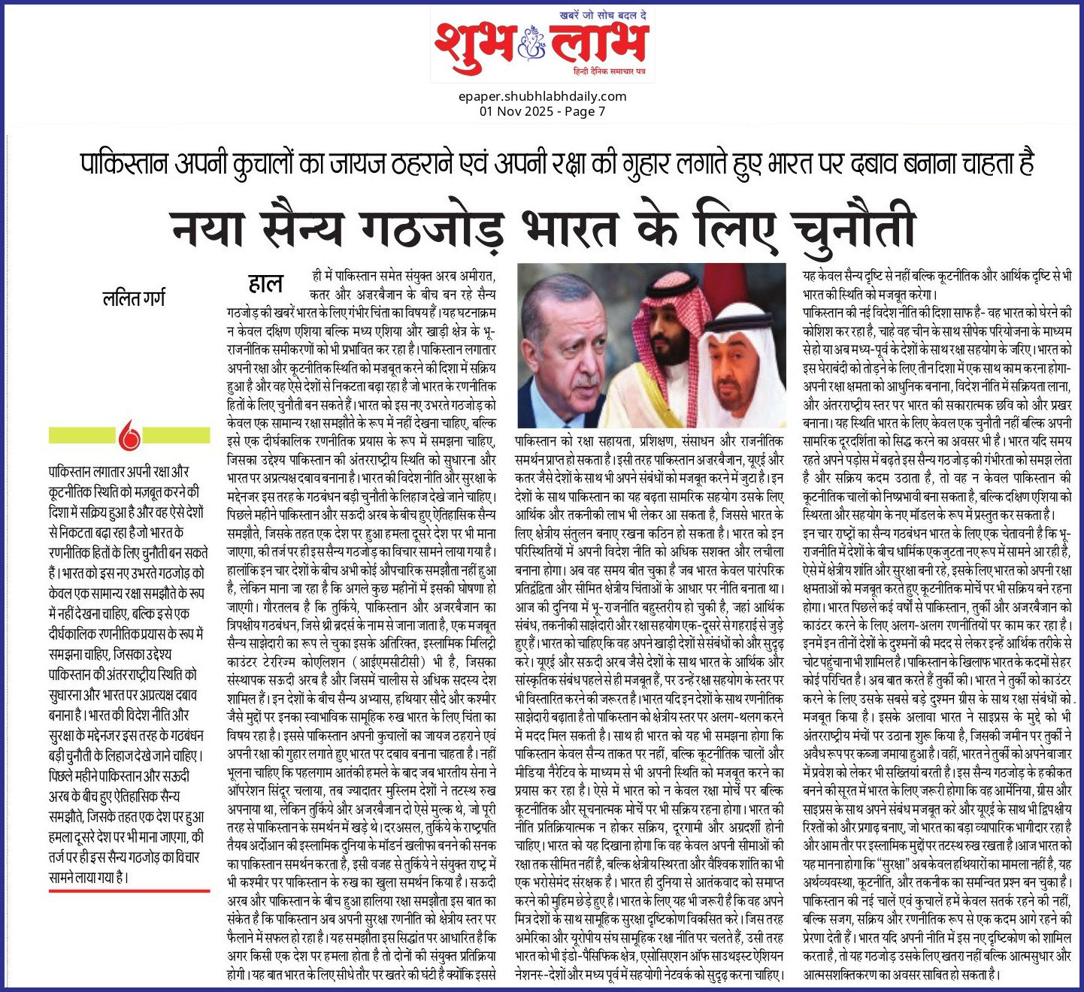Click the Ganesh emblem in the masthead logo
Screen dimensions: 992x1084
pyautogui.click(x=530, y=44)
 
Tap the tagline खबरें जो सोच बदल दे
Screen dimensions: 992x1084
pyautogui.click(x=604, y=15)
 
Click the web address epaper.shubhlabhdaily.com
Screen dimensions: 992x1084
pyautogui.click(x=542, y=96)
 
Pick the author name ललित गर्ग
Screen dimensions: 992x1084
pyautogui.click(x=134, y=298)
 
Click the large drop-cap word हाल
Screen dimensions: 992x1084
pyautogui.click(x=265, y=283)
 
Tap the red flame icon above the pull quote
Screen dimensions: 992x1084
pyautogui.click(x=129, y=435)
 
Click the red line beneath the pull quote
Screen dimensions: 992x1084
pyautogui.click(x=129, y=891)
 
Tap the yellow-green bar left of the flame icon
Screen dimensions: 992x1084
pyautogui.click(x=83, y=435)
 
